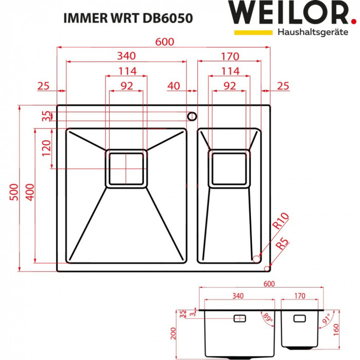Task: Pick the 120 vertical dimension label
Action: click(46, 149)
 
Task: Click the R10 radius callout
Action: click(281, 222)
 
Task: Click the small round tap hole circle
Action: click(192, 115)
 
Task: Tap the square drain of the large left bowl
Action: click(126, 168)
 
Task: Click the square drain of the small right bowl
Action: click(229, 168)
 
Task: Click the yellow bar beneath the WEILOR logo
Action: click(253, 32)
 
